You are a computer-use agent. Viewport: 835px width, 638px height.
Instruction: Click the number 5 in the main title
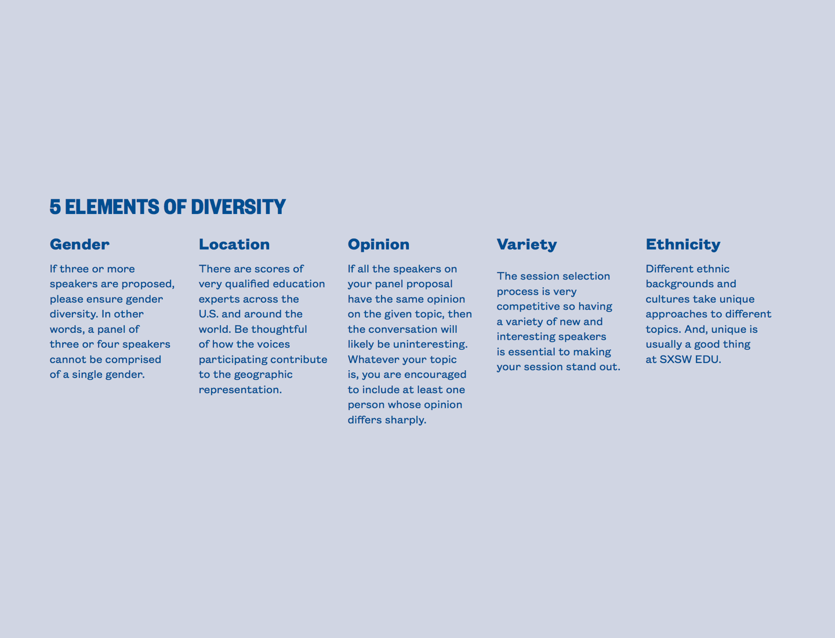[x=55, y=207]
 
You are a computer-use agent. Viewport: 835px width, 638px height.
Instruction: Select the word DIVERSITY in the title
[x=238, y=207]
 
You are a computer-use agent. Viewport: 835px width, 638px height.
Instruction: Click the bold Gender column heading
[x=79, y=244]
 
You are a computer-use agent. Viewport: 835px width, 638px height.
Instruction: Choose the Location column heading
[x=234, y=244]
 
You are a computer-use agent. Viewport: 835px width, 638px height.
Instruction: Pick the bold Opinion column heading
[x=379, y=245]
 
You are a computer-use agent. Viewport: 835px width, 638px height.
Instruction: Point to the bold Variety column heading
[x=527, y=245]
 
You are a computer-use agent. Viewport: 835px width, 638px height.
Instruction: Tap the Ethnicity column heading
[x=683, y=245]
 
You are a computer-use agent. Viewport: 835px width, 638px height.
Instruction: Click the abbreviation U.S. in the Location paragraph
[x=209, y=314]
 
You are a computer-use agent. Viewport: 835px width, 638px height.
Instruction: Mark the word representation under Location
[x=240, y=390]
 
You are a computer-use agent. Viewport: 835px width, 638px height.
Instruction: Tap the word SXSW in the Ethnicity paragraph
[x=676, y=360]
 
